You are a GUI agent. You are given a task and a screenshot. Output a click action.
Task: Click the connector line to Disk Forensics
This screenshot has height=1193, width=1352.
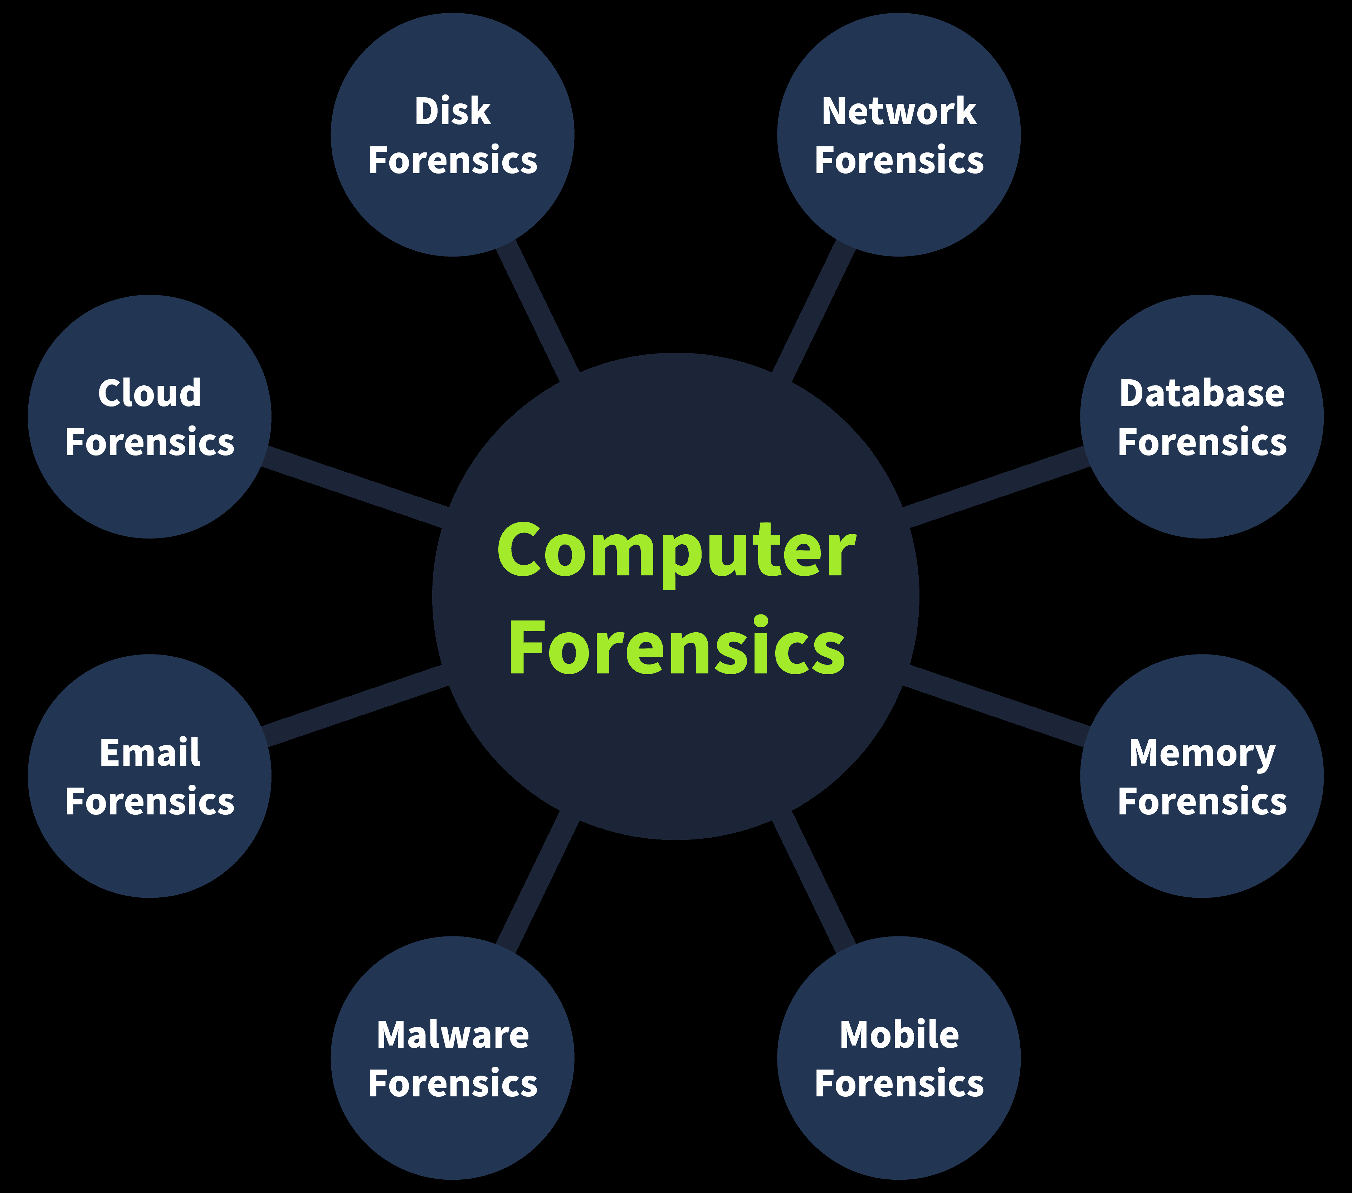pyautogui.click(x=537, y=310)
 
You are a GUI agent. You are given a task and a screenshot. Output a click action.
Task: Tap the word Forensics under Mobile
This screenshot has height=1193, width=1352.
pyautogui.click(x=899, y=1084)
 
